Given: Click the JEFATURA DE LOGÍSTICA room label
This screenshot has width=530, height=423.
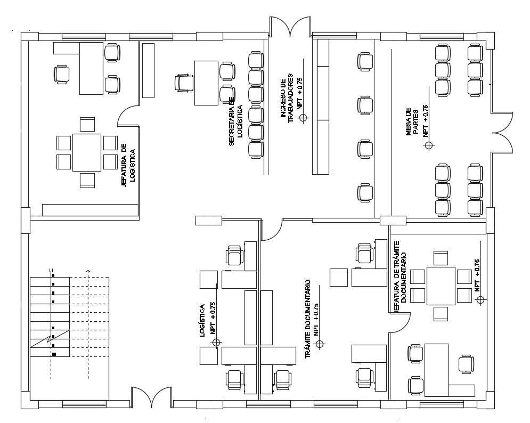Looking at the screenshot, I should tap(128, 166).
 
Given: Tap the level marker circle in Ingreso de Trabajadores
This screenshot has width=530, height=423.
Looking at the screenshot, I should tap(304, 118).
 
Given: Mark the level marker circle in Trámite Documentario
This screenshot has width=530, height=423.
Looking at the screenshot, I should tap(320, 344).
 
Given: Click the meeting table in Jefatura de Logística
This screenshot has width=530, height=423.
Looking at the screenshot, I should tap(87, 152).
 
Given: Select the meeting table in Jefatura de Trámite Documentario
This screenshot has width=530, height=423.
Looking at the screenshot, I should tap(441, 286).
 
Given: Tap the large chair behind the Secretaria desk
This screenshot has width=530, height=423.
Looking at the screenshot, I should tap(184, 83).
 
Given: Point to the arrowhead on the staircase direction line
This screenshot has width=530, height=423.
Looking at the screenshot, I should tap(88, 272).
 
